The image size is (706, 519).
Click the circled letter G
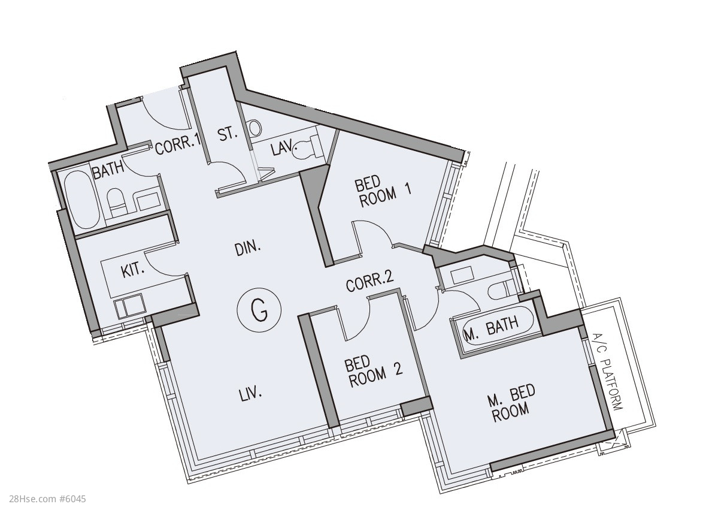pos(259,310)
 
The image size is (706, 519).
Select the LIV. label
pos(250,394)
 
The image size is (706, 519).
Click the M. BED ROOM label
pos(511,402)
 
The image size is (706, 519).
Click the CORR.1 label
pos(177,146)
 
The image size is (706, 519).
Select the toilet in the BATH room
pos(116,203)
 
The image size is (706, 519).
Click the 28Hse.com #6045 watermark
pos(47,499)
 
